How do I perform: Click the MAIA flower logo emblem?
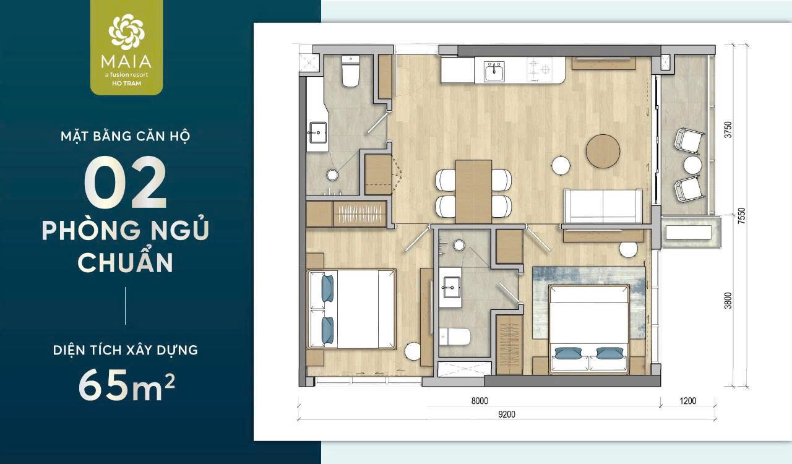point(127,32)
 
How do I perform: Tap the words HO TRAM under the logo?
point(127,84)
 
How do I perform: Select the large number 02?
point(125,183)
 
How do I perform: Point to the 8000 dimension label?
point(480,401)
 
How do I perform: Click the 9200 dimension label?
point(507,414)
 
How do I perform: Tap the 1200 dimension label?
point(687,401)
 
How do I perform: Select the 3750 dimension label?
point(728,130)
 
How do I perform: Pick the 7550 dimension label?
point(741,215)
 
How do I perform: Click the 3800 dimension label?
point(728,301)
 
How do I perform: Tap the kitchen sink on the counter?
point(494,71)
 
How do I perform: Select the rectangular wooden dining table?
point(473,191)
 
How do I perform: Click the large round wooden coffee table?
point(603,151)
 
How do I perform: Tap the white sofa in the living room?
point(603,206)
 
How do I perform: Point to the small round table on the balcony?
point(692,165)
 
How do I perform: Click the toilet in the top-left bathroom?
point(350,71)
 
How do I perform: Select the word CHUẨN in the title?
point(125,262)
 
